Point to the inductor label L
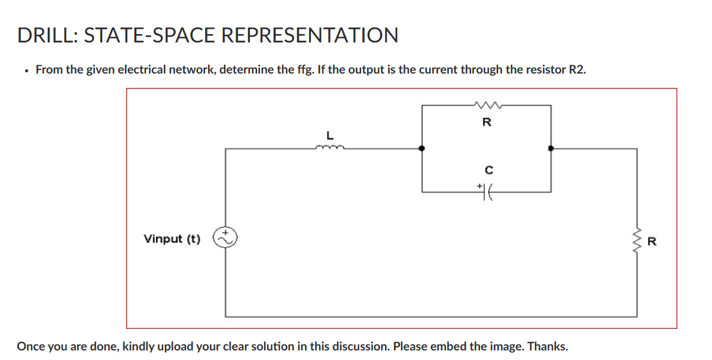[x=329, y=135]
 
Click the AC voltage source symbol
[x=226, y=238]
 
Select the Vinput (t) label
[x=172, y=239]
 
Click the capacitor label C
[x=487, y=170]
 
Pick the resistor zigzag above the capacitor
[x=487, y=106]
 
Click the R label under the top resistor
[x=487, y=123]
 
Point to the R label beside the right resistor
[x=652, y=242]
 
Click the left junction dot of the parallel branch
[x=422, y=148]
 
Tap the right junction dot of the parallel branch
[x=551, y=148]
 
